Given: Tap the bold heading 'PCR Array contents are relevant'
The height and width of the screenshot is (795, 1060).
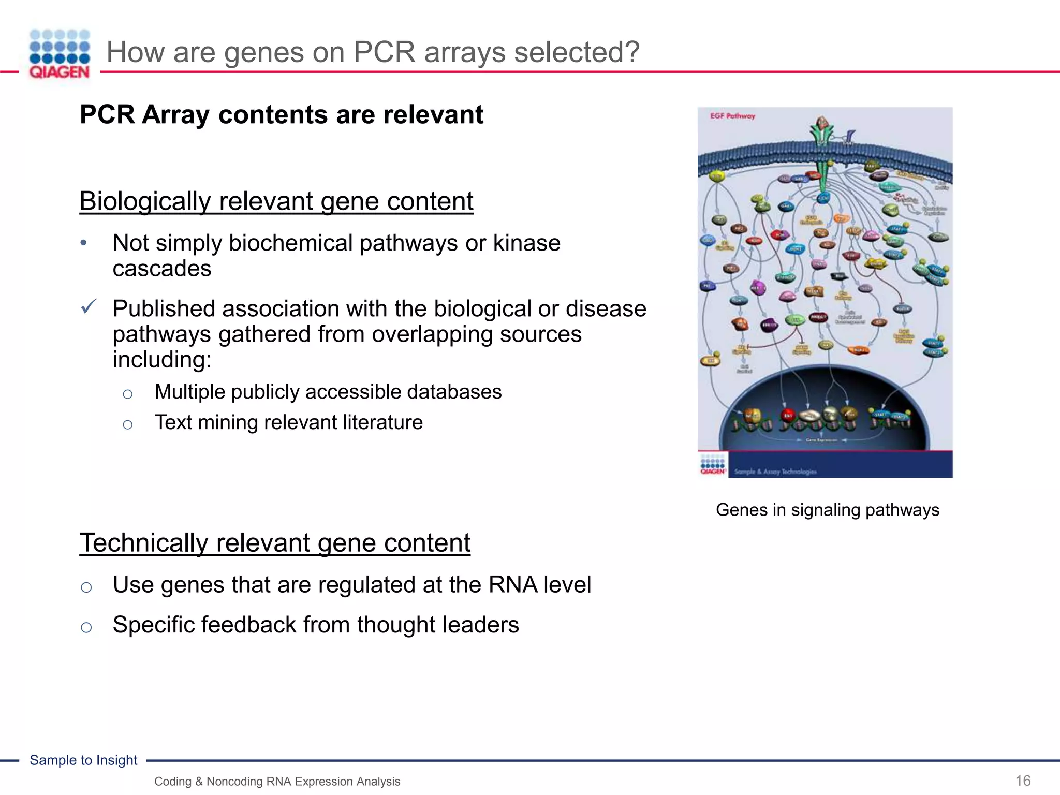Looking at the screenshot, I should (281, 114).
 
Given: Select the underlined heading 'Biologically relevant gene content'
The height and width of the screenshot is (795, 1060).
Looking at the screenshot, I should (276, 201).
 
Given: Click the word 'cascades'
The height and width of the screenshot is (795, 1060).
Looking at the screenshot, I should (162, 269).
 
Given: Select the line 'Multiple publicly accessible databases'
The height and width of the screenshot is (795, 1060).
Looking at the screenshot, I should (328, 392).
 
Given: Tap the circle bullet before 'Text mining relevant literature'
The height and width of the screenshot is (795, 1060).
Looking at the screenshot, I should (128, 425).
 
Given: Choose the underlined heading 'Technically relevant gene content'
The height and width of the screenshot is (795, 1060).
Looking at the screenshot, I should (274, 543).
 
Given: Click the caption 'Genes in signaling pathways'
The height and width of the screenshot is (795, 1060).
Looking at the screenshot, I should (827, 510).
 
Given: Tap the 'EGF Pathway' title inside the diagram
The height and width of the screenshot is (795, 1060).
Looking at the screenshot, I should (732, 116).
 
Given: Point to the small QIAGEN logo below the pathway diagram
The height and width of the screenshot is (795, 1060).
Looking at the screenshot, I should (713, 465).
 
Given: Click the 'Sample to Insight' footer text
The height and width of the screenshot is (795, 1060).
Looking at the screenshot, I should (83, 760).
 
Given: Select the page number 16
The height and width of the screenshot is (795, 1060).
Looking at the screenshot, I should (1023, 781).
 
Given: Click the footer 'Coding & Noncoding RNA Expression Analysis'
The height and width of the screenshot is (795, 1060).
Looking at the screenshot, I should (277, 782).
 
